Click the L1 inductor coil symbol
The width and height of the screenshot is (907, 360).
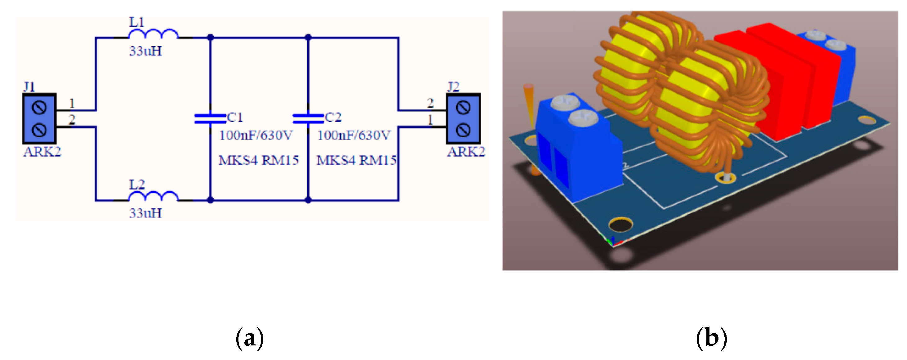pos(153,34)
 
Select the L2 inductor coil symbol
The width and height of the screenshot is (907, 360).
pos(153,196)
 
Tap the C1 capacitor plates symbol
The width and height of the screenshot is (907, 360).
pos(210,118)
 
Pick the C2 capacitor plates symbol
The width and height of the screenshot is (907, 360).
pos(308,118)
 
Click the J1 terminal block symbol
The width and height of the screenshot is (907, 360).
pos(39,119)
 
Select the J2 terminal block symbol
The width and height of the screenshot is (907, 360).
pos(463,119)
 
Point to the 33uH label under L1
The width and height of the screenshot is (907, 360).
pos(145,51)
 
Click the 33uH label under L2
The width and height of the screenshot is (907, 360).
pos(145,213)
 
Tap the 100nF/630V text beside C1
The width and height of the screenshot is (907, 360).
pos(256,135)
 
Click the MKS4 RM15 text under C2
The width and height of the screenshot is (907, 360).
pos(356,161)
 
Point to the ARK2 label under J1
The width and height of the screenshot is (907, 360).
pos(42,152)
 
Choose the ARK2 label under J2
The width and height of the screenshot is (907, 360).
pos(466,152)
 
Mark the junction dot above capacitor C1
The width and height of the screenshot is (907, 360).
pos(211,37)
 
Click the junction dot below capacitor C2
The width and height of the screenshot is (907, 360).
pos(308,200)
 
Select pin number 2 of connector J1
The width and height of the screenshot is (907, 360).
pos(72,120)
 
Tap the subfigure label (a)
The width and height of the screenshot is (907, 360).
pos(249,339)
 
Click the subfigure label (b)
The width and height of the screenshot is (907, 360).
pos(712,339)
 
